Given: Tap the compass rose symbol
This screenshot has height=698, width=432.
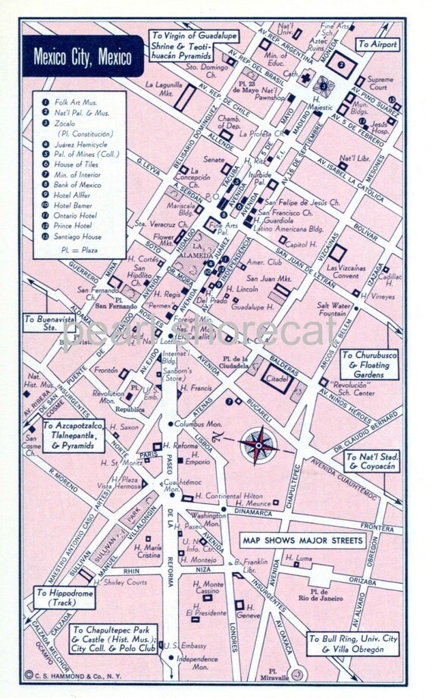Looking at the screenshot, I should (x=258, y=446).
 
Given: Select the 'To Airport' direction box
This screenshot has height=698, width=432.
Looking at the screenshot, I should (x=378, y=45).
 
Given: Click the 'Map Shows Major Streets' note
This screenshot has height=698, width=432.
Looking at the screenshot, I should (x=302, y=540).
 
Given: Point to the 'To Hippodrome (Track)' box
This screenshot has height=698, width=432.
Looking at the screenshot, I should (x=65, y=598).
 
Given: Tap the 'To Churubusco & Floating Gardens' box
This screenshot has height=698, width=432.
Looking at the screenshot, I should (x=369, y=365).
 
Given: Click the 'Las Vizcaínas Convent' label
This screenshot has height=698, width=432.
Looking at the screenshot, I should (x=347, y=272).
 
